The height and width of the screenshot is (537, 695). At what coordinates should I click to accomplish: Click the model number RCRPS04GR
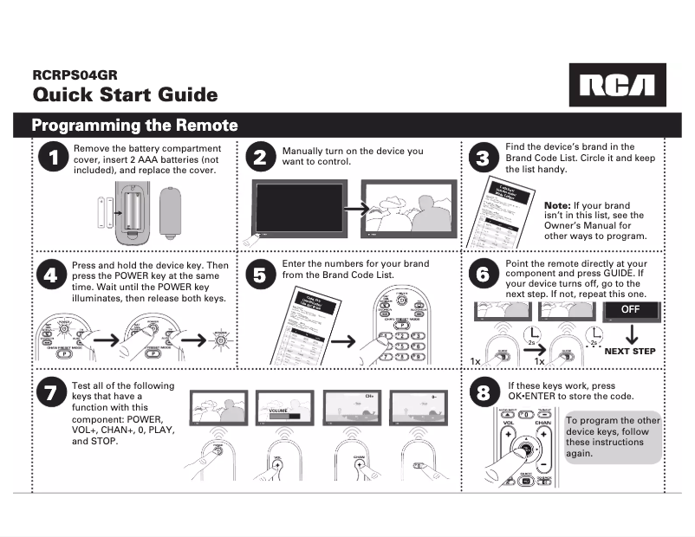coord(75,75)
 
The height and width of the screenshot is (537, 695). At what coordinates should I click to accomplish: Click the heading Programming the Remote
coord(135,125)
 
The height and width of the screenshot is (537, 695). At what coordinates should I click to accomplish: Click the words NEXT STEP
coord(630,352)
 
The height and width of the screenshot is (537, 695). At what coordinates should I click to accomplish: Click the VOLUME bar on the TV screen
coord(283,414)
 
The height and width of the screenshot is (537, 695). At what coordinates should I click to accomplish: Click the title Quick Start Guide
coord(125,94)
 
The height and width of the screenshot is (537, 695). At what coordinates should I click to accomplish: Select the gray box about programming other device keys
coord(612,437)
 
